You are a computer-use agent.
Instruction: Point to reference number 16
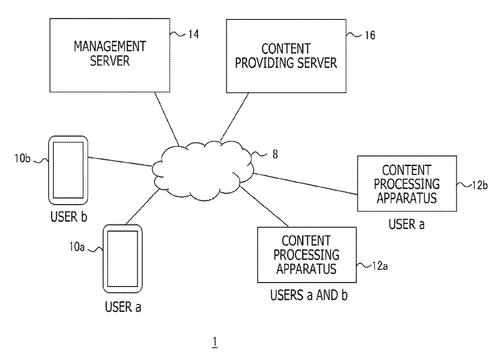[366, 36]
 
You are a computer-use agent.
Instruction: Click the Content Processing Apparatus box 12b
[406, 184]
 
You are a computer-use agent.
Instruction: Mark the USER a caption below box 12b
[406, 224]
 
